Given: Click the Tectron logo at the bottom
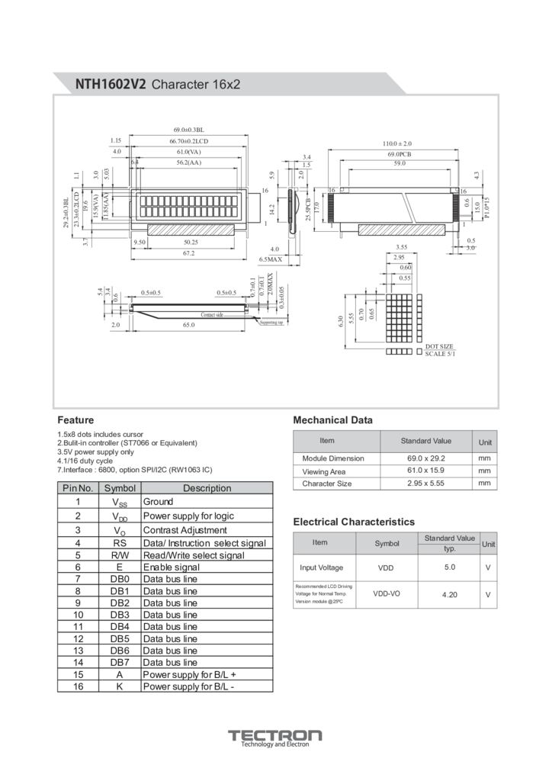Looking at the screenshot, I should point(275,738).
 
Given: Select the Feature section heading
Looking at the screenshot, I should point(75,420).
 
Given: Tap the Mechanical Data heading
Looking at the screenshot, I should point(332,420).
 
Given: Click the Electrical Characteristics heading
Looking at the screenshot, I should point(354,522).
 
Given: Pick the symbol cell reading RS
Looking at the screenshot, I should point(120,543).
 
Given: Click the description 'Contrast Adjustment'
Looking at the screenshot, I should point(185,530).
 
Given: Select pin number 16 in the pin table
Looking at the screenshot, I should point(78,686).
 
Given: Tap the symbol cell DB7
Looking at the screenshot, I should point(120,662).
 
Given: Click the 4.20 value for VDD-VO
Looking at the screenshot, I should point(449,594).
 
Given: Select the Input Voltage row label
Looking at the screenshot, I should point(321,567).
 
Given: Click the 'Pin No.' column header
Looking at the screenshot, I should point(78,488).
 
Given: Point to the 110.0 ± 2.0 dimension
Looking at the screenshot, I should point(396,143).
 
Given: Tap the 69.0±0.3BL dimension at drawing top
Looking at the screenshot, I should point(189,130).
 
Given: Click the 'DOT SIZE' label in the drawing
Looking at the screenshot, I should point(439,346).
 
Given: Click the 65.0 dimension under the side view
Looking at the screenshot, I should point(188,325).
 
